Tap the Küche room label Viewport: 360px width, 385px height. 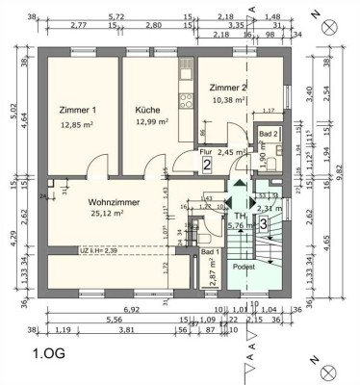click(x=147, y=110)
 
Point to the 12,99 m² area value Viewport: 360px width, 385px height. click(x=152, y=123)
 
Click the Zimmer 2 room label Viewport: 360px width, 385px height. click(x=228, y=88)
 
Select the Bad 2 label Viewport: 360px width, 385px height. click(x=267, y=134)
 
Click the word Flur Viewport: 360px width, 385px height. click(x=205, y=151)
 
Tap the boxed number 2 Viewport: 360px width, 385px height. click(x=207, y=165)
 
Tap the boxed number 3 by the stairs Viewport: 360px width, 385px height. click(x=263, y=224)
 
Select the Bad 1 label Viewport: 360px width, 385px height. click(x=209, y=252)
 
